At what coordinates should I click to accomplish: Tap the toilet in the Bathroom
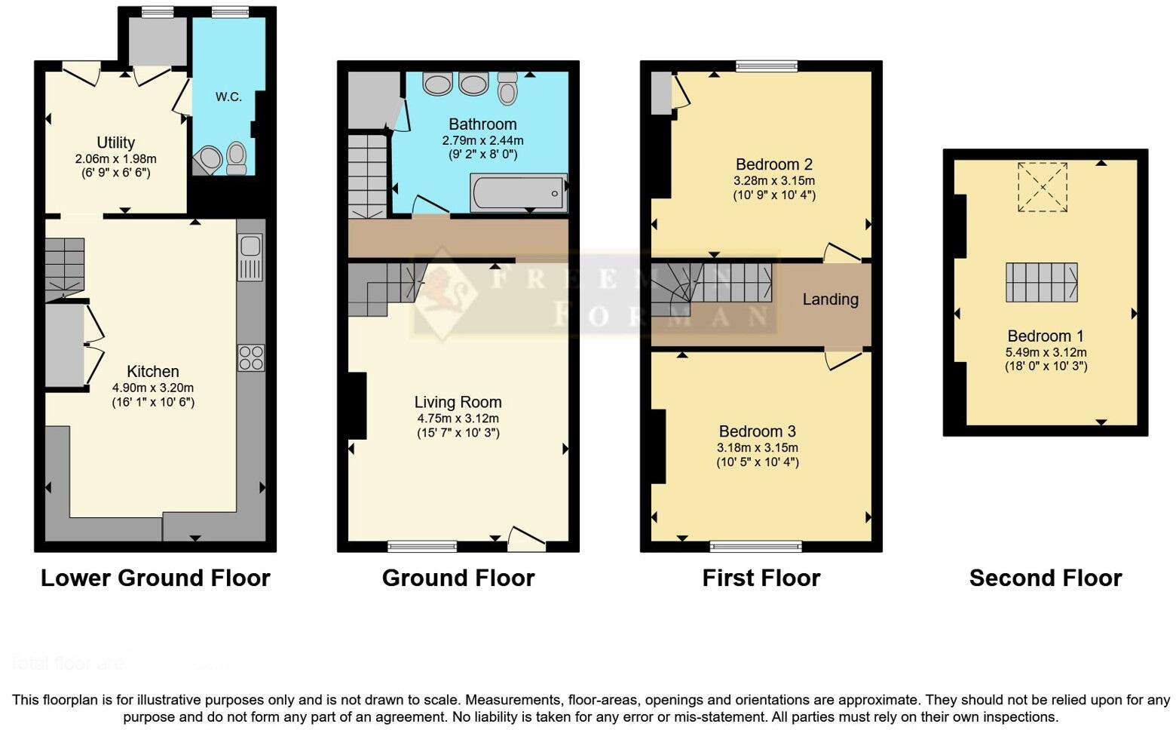[508, 89]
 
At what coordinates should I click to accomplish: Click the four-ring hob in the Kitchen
[251, 357]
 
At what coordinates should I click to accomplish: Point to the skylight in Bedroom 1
[1043, 187]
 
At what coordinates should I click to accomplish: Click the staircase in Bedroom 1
[1041, 282]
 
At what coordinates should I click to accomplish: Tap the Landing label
[830, 299]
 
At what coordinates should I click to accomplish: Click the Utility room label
[115, 143]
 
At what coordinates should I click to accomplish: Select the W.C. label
[228, 97]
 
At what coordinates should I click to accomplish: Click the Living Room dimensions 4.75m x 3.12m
[458, 419]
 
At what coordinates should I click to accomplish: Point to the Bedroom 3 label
[757, 431]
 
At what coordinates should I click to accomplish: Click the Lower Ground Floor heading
[155, 578]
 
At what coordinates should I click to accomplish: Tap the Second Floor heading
[1045, 578]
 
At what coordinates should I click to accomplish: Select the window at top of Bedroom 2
[766, 66]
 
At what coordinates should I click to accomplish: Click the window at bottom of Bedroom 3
[756, 546]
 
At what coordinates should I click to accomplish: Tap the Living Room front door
[525, 538]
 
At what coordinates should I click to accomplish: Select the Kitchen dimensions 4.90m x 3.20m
[153, 388]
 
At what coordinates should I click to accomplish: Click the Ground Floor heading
[458, 578]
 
